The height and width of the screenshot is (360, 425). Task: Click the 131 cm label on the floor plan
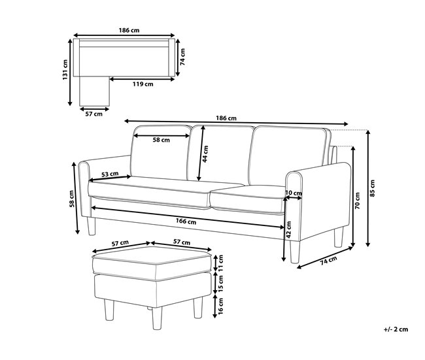(x=65, y=70)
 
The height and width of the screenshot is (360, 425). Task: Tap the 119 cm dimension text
(x=143, y=84)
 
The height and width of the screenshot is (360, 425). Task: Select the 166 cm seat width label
(x=186, y=221)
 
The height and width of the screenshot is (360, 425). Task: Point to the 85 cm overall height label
(x=373, y=188)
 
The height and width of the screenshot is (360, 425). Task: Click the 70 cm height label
(x=358, y=201)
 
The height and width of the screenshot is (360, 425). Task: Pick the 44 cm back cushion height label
(x=205, y=154)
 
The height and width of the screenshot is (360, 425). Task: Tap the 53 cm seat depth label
(x=110, y=174)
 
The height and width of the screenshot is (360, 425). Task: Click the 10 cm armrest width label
(x=294, y=193)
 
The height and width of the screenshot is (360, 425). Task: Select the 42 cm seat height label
(x=289, y=230)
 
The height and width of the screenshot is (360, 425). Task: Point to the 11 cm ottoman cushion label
(x=220, y=263)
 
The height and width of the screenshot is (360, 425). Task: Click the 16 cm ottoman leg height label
(x=220, y=306)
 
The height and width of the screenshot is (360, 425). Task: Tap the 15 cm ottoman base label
(x=220, y=284)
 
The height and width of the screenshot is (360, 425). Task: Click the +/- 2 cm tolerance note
(x=396, y=329)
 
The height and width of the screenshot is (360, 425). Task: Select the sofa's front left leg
(x=91, y=226)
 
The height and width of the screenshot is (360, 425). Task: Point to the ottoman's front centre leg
(x=157, y=318)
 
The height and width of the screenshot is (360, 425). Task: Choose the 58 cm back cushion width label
(x=161, y=140)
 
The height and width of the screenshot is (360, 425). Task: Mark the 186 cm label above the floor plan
(x=129, y=30)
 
